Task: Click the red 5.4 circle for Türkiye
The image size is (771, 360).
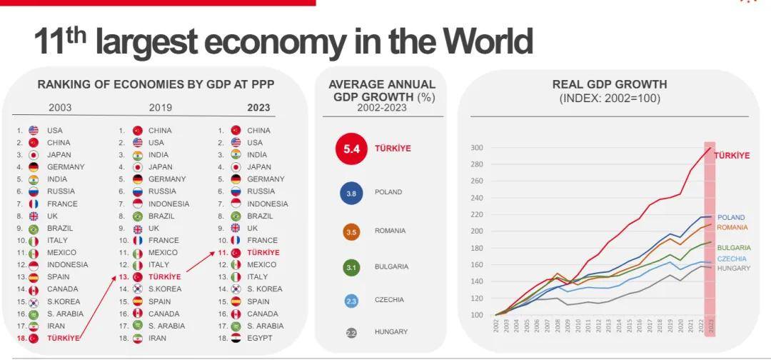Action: pyautogui.click(x=351, y=149)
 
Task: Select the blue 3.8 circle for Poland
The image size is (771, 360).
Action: pyautogui.click(x=351, y=192)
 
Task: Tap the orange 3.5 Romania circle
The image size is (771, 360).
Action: pyautogui.click(x=351, y=231)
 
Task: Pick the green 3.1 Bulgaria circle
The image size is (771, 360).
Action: pyautogui.click(x=351, y=267)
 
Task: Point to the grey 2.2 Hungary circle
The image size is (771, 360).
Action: pyautogui.click(x=351, y=332)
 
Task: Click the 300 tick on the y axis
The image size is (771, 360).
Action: pyautogui.click(x=478, y=148)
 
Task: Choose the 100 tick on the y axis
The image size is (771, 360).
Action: pyautogui.click(x=478, y=315)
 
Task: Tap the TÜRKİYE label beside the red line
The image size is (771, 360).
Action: pyautogui.click(x=732, y=155)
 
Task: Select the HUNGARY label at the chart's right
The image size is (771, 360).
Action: pyautogui.click(x=733, y=269)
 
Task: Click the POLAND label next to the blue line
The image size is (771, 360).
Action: pyautogui.click(x=731, y=217)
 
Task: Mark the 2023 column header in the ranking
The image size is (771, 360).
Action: pyautogui.click(x=258, y=109)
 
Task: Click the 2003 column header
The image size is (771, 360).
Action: pyautogui.click(x=60, y=109)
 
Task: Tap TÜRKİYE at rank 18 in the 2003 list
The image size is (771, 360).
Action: pyautogui.click(x=63, y=338)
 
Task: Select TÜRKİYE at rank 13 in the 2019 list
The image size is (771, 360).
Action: pyautogui.click(x=165, y=277)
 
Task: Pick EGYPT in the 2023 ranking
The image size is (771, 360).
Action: pyautogui.click(x=259, y=338)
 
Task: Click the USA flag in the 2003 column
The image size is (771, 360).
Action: pyautogui.click(x=34, y=131)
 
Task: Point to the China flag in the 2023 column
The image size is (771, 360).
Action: pyautogui.click(x=236, y=131)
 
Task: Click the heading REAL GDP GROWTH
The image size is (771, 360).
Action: pyautogui.click(x=610, y=84)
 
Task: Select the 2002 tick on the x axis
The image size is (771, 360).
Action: pyautogui.click(x=496, y=326)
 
